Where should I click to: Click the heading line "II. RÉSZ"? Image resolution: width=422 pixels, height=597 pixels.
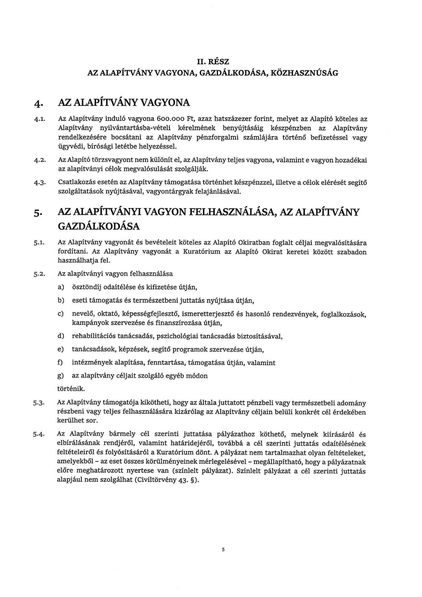[213, 62]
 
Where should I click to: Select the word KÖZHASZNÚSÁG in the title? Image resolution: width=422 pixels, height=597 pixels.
[304, 73]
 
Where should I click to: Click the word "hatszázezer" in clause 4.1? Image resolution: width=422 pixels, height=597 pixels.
[233, 119]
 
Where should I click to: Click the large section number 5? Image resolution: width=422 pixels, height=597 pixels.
[37, 213]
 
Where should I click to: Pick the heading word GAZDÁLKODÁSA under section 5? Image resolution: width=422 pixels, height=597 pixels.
[99, 227]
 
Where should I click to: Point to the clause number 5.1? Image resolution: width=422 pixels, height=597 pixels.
[39, 243]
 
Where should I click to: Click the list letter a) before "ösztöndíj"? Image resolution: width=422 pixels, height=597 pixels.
[61, 287]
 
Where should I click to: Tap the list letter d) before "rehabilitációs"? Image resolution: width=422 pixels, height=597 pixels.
[61, 336]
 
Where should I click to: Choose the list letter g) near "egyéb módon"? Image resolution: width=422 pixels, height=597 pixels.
[61, 376]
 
